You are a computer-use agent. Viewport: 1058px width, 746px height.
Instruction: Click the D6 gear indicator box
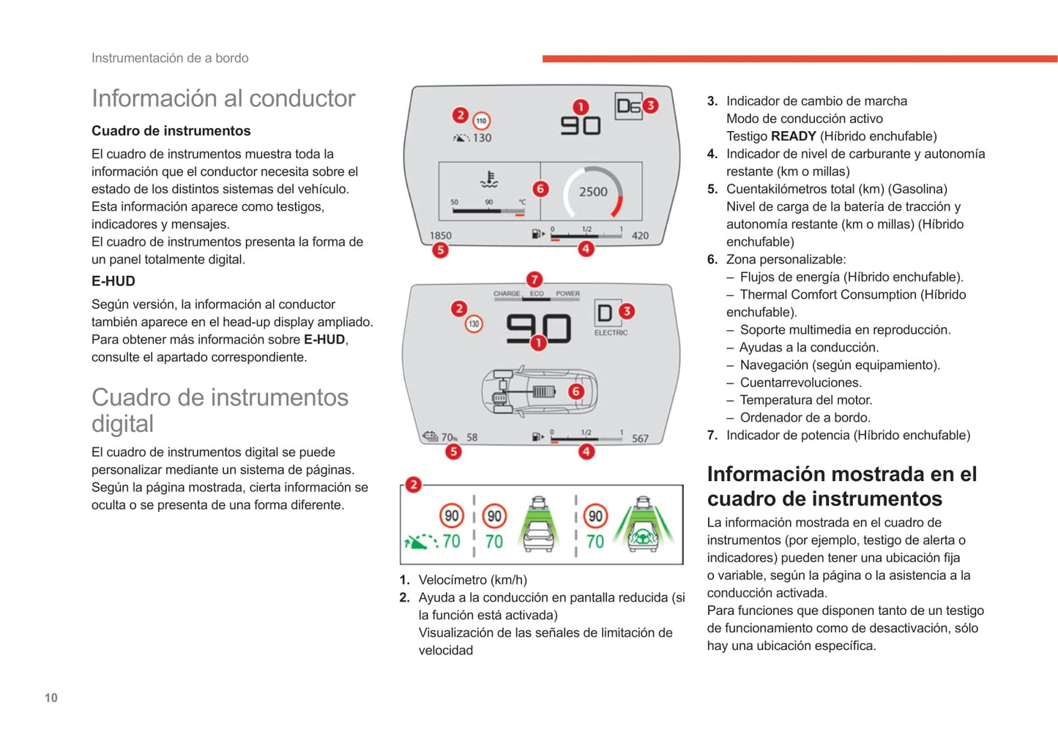click(x=627, y=106)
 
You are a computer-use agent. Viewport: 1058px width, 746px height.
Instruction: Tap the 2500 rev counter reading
click(x=593, y=192)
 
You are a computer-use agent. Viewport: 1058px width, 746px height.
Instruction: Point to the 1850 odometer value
click(x=440, y=236)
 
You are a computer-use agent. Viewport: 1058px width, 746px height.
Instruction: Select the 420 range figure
click(x=640, y=236)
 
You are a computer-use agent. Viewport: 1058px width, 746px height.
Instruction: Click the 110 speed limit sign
click(x=481, y=121)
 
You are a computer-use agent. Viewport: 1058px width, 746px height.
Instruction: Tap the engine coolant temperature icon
click(x=488, y=179)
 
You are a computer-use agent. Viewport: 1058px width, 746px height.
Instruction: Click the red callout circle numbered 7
click(x=534, y=279)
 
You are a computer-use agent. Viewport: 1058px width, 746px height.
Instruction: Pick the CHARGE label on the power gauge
click(x=506, y=294)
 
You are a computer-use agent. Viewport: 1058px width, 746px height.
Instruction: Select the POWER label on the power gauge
click(x=567, y=294)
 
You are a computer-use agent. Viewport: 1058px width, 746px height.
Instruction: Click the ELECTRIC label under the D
click(x=611, y=332)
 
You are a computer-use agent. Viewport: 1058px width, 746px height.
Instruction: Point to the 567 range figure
click(x=640, y=439)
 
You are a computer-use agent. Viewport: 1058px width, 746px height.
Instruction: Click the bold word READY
click(x=793, y=136)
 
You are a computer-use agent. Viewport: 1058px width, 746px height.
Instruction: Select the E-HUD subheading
click(x=113, y=281)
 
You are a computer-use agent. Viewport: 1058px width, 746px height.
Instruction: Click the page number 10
click(x=51, y=698)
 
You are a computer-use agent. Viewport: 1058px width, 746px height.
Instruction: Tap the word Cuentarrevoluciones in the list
click(x=801, y=382)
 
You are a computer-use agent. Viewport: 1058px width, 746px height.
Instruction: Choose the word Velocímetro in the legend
click(x=452, y=580)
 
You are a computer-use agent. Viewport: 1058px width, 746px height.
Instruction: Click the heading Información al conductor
click(x=223, y=98)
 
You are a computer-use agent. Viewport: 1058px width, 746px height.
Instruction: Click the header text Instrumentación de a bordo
click(x=170, y=58)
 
